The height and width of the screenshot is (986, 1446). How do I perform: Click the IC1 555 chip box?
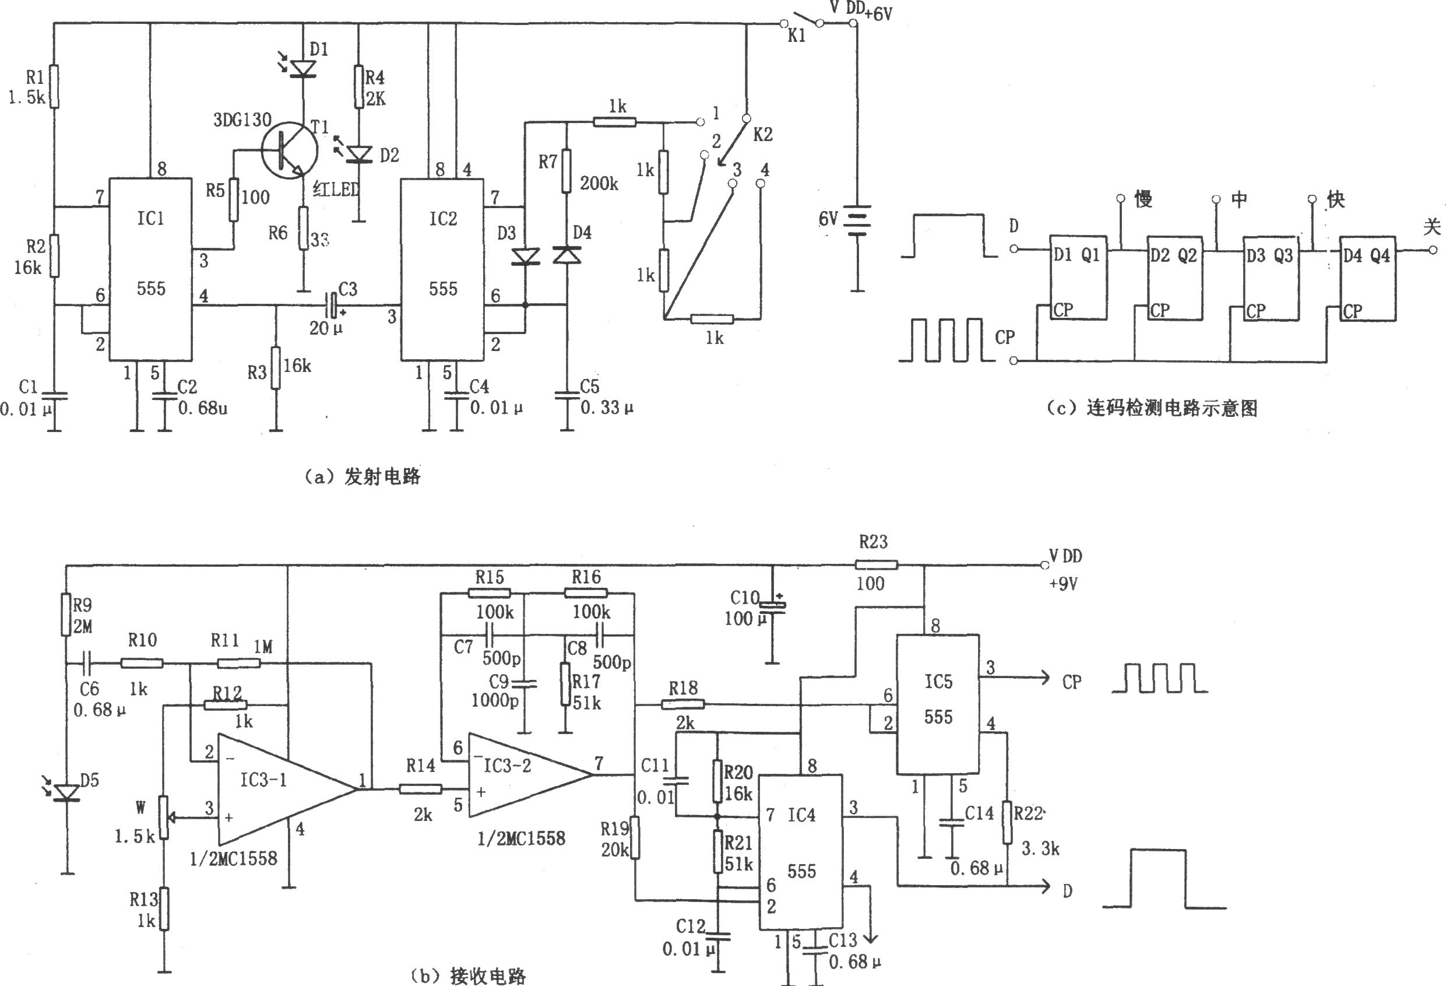[150, 269]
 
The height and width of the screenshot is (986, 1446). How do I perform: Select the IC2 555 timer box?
[442, 269]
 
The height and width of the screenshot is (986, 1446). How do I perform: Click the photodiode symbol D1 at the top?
[304, 68]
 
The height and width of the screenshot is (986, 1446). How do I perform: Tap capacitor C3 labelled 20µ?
[333, 304]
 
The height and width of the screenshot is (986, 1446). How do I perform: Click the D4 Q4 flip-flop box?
[1367, 278]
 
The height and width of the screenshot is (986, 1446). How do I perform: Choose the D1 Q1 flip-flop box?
[1078, 278]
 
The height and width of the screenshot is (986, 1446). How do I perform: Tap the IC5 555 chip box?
[938, 704]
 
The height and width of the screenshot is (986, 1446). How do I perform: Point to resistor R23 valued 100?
[876, 564]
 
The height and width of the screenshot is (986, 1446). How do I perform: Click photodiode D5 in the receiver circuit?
[66, 792]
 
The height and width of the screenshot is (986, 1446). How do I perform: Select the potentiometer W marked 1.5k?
[164, 817]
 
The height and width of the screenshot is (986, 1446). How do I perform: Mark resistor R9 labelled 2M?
[66, 615]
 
